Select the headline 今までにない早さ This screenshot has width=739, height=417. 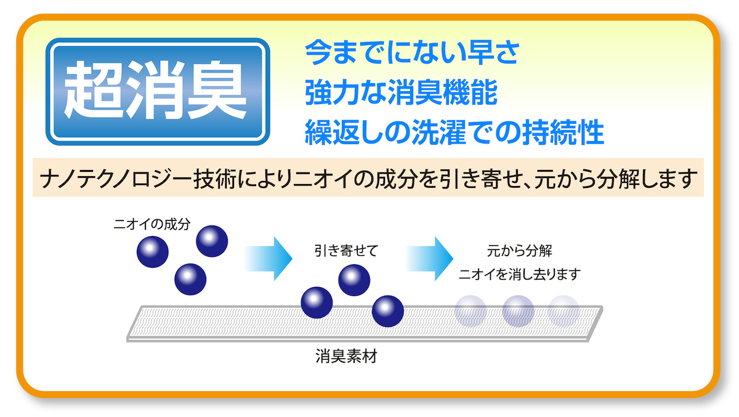412,52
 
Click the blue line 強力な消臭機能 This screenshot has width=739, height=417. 401,92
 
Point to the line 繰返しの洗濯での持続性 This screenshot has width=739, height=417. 454,132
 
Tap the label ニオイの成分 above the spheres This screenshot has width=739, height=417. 152,224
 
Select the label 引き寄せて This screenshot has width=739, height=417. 346,251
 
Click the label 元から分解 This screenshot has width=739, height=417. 519,251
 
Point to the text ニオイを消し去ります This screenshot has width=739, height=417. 520,274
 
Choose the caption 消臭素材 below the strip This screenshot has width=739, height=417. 346,356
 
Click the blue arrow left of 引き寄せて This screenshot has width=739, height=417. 269,259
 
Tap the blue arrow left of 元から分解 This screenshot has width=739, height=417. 429,259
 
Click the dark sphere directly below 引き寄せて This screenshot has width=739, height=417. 354,280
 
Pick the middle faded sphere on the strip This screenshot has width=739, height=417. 518,311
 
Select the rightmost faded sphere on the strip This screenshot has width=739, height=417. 563,311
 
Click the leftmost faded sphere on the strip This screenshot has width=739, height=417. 470,311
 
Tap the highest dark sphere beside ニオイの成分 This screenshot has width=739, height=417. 212,241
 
